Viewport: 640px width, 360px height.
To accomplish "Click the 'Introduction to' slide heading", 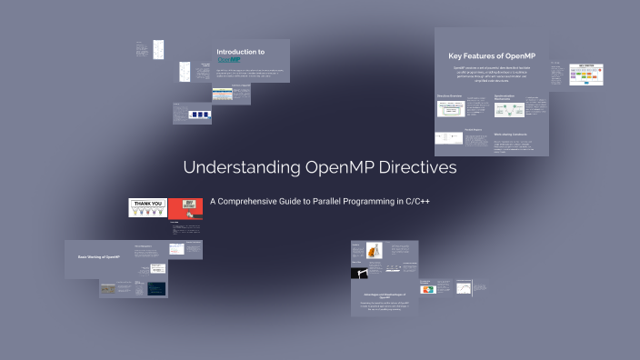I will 241,52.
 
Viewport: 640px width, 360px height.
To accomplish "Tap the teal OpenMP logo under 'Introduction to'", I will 227,61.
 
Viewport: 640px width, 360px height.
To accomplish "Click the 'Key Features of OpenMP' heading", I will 492,56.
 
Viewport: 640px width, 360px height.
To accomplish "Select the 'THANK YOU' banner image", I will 146,207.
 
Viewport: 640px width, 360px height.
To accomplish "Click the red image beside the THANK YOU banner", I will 185,208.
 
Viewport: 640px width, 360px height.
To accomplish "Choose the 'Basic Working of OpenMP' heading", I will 99,258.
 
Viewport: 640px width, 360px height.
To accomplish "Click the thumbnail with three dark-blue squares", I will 199,115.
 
